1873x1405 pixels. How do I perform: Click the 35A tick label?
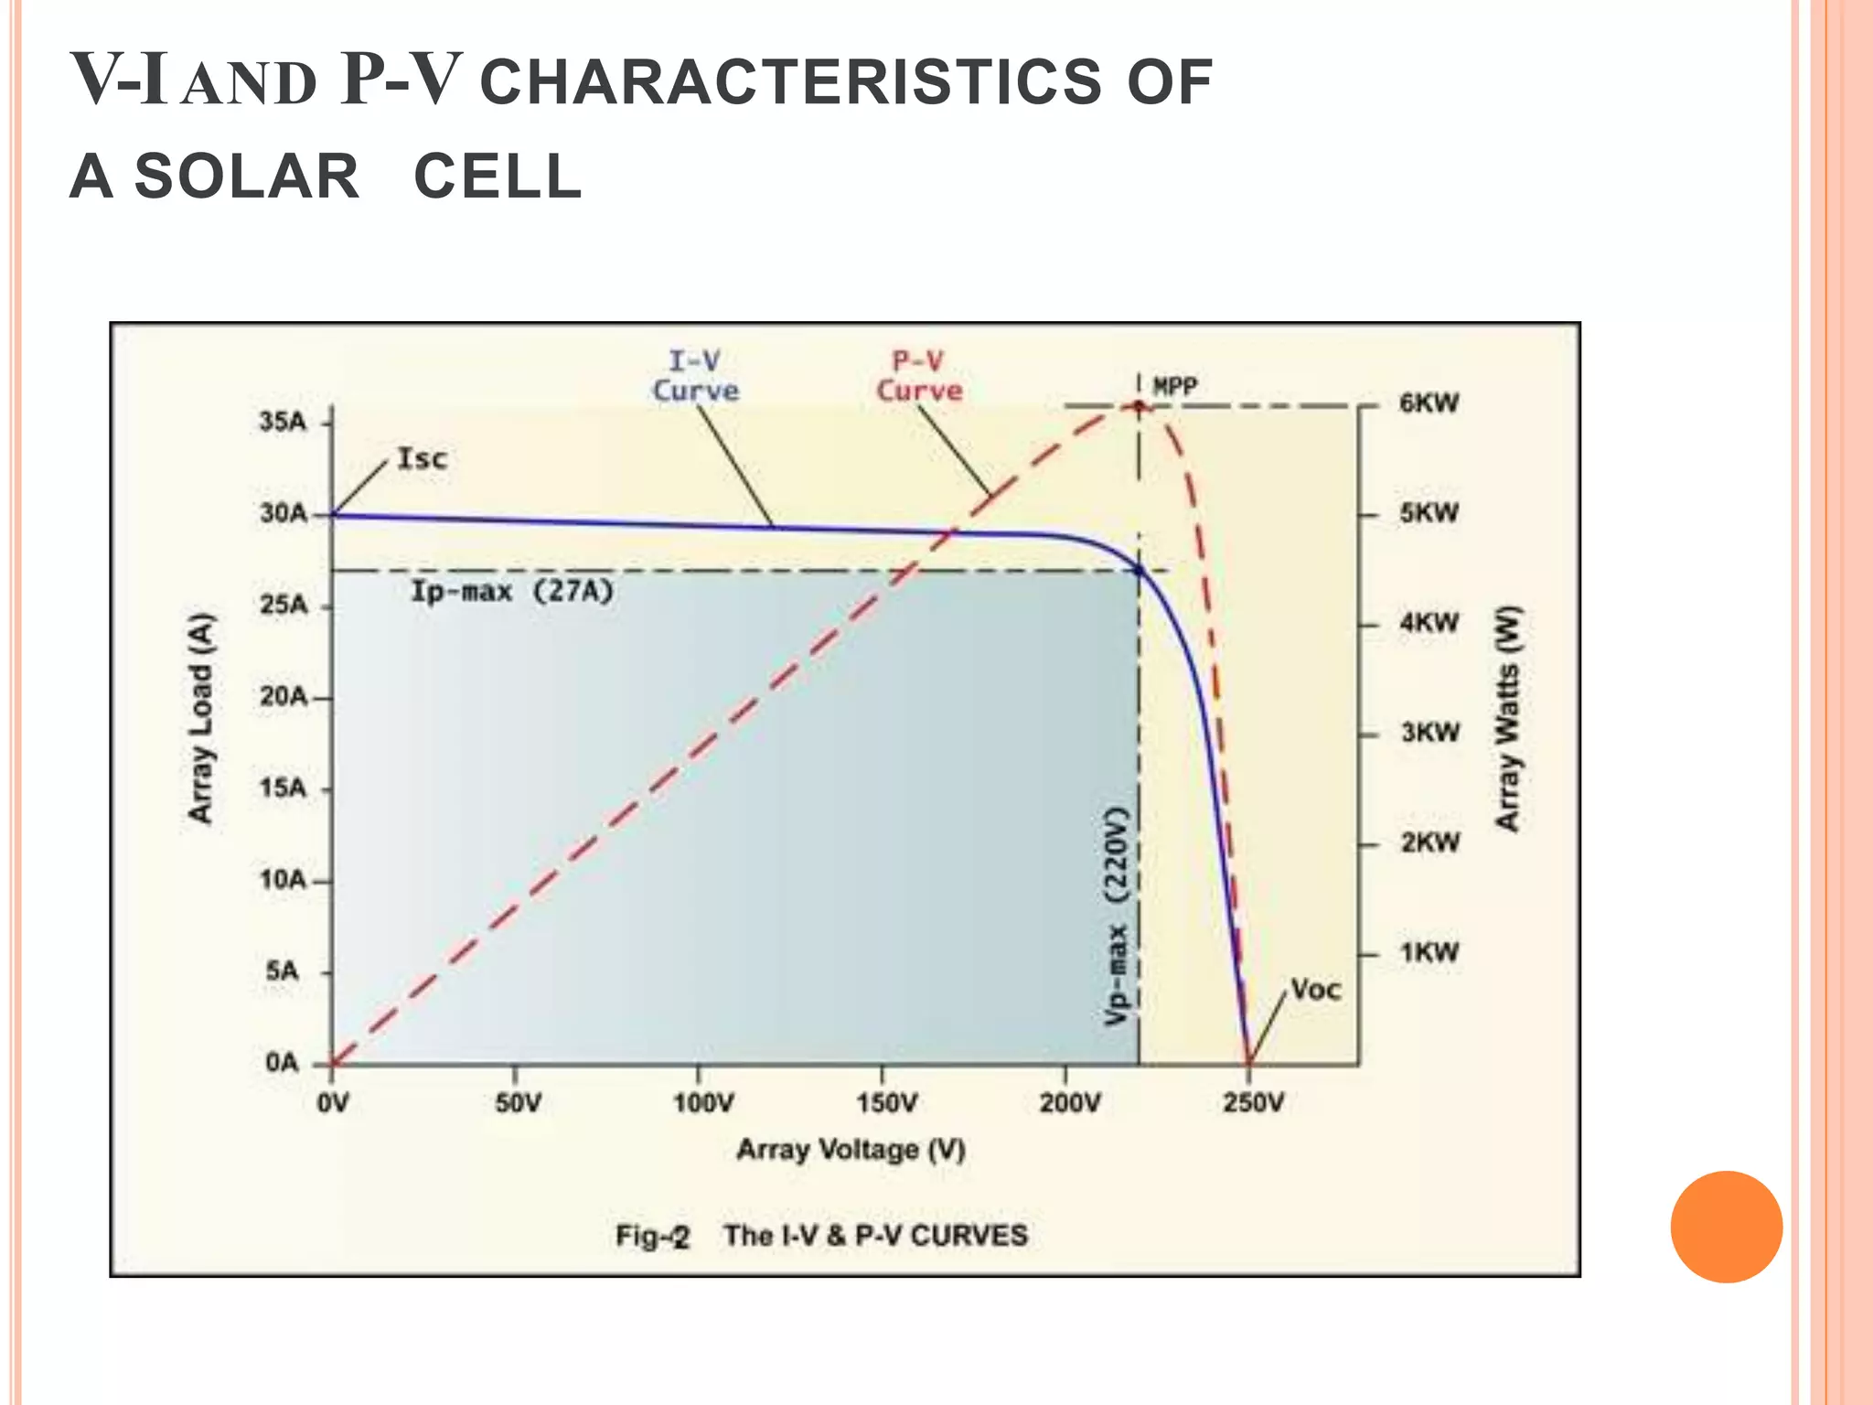coord(282,423)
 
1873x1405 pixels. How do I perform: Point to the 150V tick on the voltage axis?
coord(885,1103)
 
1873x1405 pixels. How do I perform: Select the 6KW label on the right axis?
coord(1429,403)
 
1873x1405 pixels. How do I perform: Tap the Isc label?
coord(423,458)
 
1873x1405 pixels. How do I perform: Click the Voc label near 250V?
coord(1316,990)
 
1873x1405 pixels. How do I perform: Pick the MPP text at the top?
coord(1175,387)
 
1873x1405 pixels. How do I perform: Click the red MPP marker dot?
coord(1139,406)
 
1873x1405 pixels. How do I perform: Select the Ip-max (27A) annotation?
coord(511,592)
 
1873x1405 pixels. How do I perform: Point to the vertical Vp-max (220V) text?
coord(1116,915)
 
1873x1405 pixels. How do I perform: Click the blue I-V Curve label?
coord(695,377)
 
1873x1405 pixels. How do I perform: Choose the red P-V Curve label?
coord(919,377)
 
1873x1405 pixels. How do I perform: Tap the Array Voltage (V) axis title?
coord(851,1149)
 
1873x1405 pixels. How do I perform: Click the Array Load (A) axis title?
coord(200,719)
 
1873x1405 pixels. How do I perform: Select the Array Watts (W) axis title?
coord(1507,719)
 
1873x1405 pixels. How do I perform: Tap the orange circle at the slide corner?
coord(1726,1227)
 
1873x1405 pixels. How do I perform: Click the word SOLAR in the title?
coord(247,177)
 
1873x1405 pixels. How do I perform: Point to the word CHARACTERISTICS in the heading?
coord(790,82)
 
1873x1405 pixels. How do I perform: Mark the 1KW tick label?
coord(1429,953)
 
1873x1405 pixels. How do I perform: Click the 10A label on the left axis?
coord(282,880)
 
